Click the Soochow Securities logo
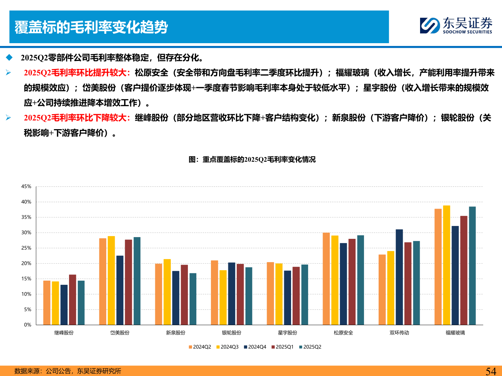click(x=456, y=26)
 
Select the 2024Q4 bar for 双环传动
click(x=399, y=277)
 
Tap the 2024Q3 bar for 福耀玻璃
click(x=447, y=265)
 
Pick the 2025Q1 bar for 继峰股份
click(x=73, y=300)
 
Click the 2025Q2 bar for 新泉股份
click(x=193, y=299)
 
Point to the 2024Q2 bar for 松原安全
click(x=326, y=279)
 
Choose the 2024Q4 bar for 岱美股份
click(x=120, y=290)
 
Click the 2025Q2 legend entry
click(x=310, y=347)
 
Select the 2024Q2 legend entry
click(x=200, y=347)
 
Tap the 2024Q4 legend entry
click(x=255, y=347)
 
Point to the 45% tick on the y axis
click(x=26, y=187)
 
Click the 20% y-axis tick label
click(x=26, y=263)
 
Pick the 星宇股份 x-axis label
click(x=288, y=333)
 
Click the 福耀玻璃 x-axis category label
click(x=455, y=333)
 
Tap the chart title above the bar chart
click(x=252, y=159)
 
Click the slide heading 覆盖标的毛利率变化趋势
click(x=91, y=27)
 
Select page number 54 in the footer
click(x=491, y=371)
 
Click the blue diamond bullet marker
click(x=9, y=57)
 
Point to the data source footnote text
click(x=68, y=371)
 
